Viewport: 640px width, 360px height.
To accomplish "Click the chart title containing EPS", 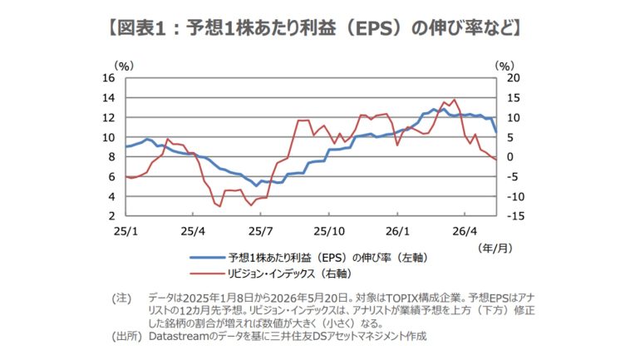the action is pos(314,28).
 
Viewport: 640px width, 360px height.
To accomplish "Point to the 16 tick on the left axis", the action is pos(109,78).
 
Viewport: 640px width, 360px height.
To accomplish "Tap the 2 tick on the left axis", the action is pos(111,216).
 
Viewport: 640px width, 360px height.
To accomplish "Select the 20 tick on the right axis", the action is pos(513,78).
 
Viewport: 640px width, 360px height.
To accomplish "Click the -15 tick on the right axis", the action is pos(515,216).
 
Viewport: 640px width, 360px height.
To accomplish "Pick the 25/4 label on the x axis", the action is pos(193,231).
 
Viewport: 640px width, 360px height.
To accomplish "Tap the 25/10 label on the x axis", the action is pos(329,231).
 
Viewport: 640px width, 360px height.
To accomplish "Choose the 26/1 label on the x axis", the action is pos(397,231).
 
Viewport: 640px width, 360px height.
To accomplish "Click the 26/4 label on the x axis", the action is pos(465,231).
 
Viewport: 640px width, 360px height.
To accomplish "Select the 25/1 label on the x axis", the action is pos(126,231).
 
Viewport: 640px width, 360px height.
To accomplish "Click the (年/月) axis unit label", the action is pos(495,248).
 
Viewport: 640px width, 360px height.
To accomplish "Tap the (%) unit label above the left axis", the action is pos(124,66).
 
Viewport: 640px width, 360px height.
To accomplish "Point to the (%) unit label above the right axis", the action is pos(505,66).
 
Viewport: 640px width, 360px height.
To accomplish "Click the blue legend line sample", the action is pos(207,258).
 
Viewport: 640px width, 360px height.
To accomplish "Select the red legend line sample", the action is pos(207,273).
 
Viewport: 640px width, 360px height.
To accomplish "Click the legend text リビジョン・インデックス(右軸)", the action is pos(290,274).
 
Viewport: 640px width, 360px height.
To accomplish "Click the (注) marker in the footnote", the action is pos(121,298).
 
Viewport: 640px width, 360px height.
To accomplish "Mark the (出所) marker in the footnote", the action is pos(127,337).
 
